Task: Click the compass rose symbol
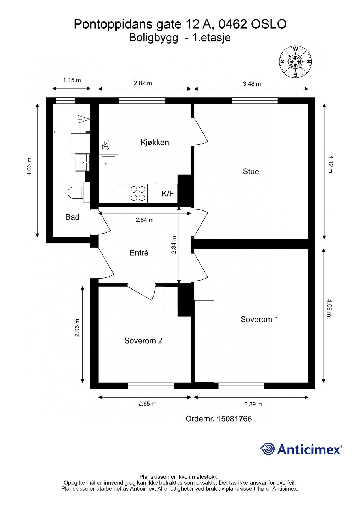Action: click(x=295, y=61)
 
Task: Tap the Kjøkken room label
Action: click(x=155, y=142)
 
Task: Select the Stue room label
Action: click(x=251, y=171)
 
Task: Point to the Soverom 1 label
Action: click(x=259, y=319)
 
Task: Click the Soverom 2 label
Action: click(x=143, y=341)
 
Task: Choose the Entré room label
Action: click(x=139, y=253)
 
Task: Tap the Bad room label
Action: click(x=72, y=217)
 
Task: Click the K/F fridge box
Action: click(x=168, y=193)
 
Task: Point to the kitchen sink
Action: click(x=108, y=164)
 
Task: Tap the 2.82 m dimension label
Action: click(x=143, y=83)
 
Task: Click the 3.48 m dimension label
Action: click(x=252, y=84)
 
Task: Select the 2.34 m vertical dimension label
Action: click(x=174, y=245)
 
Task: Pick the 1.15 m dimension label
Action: click(x=72, y=80)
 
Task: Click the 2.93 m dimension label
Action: click(x=77, y=328)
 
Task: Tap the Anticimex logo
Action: click(x=301, y=449)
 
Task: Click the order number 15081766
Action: click(x=234, y=419)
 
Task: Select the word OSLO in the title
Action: click(x=269, y=24)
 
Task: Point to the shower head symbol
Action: click(x=84, y=119)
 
